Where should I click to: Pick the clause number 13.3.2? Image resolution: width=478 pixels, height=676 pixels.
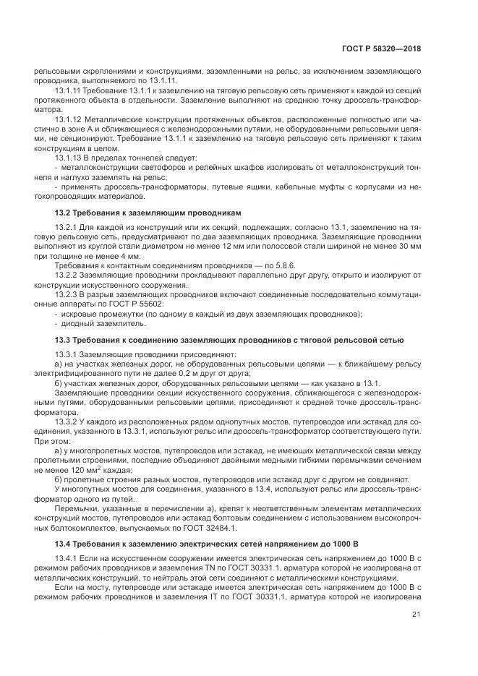tap(68, 420)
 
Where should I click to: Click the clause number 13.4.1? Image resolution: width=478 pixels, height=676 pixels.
tap(68, 560)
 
